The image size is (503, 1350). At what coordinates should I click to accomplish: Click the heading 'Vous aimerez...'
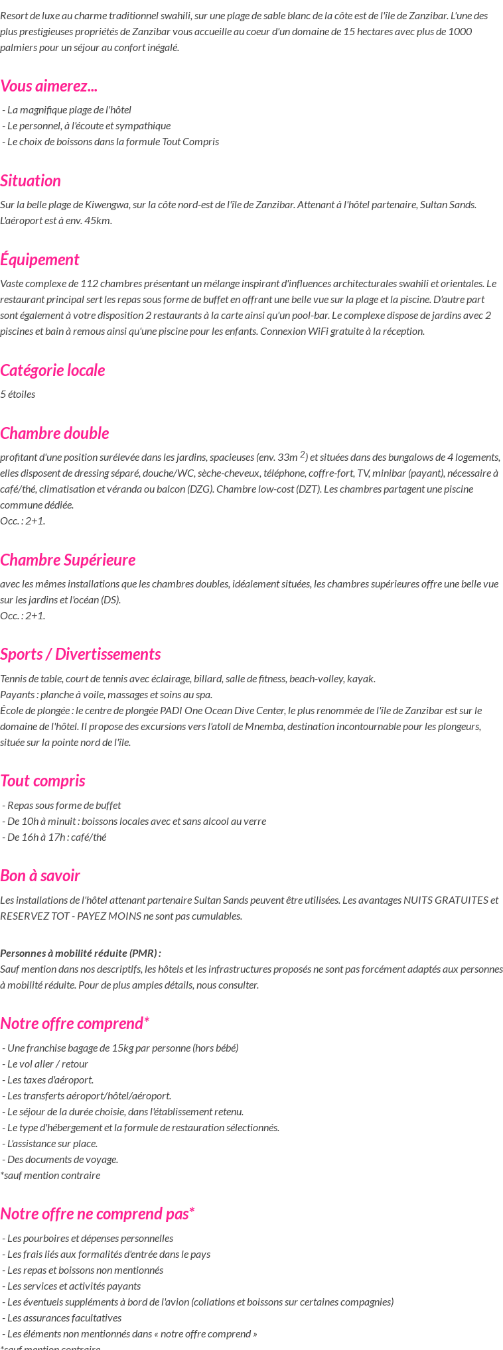(49, 86)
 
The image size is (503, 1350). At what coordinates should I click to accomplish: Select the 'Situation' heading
(31, 181)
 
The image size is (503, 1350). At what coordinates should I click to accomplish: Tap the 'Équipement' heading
(40, 260)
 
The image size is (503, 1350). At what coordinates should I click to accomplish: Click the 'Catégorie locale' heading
(52, 371)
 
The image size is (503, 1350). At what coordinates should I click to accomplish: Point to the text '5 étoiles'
(18, 395)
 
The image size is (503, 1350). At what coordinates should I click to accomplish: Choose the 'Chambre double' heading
(54, 434)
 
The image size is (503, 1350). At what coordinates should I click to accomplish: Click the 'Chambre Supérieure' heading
(68, 560)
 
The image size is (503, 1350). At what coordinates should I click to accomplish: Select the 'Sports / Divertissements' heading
(80, 654)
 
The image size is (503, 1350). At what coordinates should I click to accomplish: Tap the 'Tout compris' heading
(42, 781)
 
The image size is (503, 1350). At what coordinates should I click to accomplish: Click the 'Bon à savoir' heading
(40, 876)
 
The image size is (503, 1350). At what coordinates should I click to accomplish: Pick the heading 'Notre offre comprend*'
(74, 1024)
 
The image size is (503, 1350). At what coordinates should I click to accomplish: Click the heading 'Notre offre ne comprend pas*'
(97, 1214)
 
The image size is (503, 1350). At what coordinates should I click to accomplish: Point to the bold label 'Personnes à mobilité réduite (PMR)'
(80, 953)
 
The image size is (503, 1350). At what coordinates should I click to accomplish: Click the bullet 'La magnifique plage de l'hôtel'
(69, 110)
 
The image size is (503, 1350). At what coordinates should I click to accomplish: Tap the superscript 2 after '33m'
(303, 454)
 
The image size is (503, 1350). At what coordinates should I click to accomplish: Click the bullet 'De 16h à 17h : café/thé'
(56, 837)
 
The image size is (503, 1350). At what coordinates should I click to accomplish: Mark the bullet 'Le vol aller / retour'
(47, 1064)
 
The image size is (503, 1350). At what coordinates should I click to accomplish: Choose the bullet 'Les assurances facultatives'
(64, 1318)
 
